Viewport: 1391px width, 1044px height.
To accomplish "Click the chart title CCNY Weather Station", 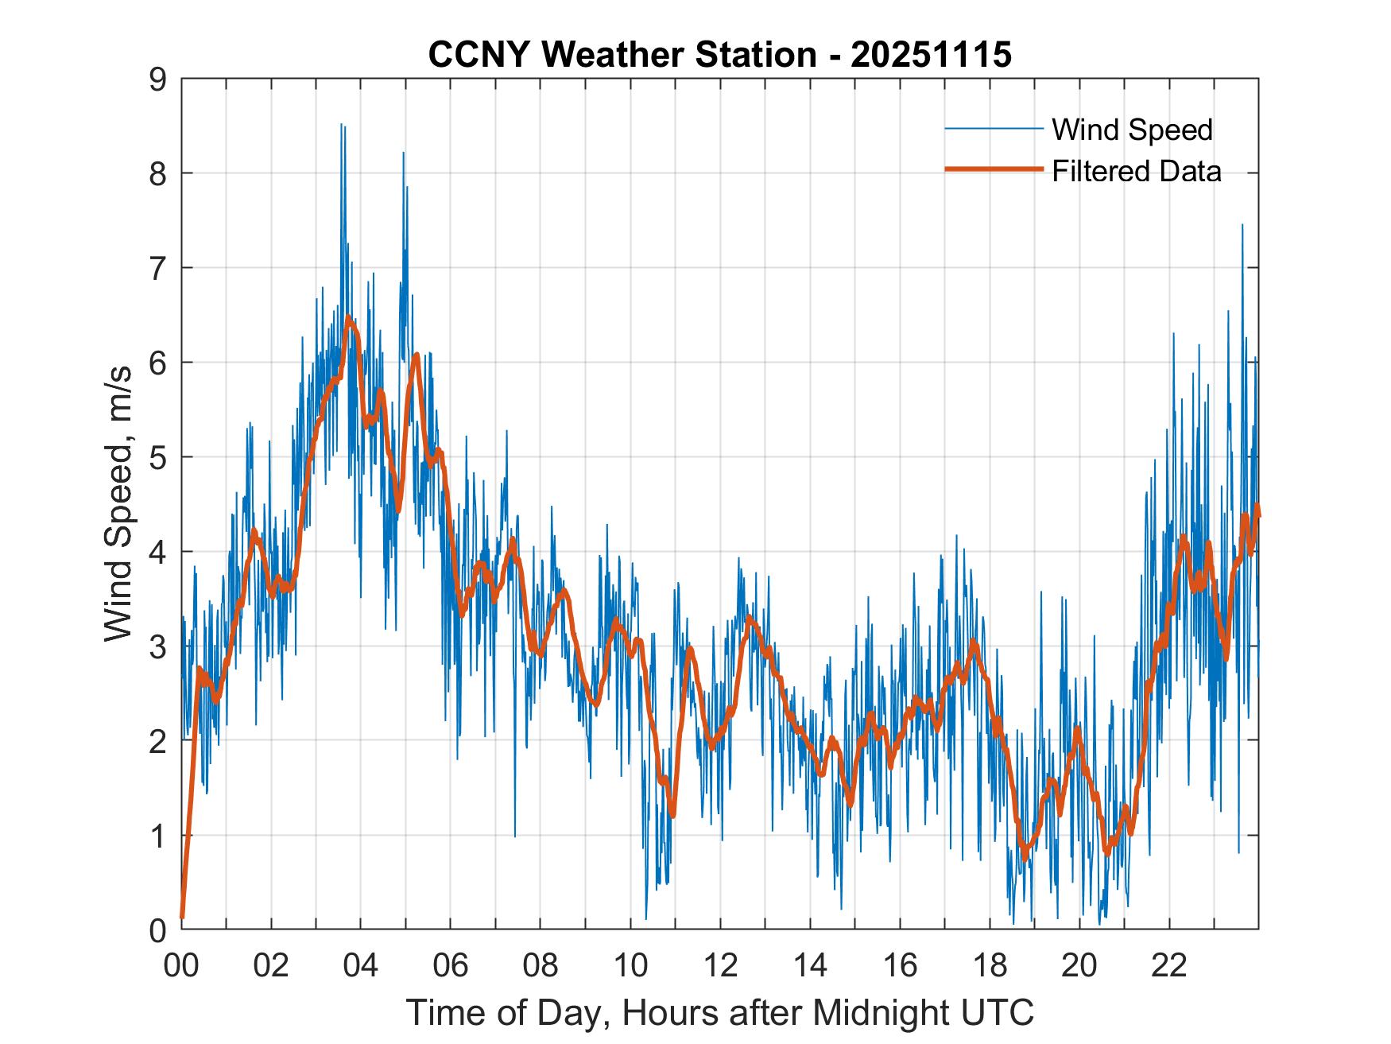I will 622,55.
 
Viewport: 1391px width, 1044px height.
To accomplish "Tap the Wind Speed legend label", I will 1132,130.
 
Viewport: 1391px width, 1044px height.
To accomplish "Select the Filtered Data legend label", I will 1137,171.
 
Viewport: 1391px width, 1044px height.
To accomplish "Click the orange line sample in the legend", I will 993,169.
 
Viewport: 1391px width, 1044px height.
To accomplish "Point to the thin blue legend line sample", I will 993,129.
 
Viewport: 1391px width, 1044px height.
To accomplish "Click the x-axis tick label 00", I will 181,966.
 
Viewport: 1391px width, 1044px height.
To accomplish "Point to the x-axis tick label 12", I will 720,966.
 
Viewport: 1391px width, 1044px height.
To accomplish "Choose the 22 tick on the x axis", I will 1169,966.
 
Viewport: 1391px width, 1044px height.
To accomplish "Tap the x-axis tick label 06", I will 451,966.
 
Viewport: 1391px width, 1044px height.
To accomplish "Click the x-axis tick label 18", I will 990,966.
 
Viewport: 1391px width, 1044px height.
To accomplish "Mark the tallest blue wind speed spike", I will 342,125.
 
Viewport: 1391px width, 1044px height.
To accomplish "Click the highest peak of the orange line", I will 348,319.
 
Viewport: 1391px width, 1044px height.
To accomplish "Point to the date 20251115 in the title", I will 931,55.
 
